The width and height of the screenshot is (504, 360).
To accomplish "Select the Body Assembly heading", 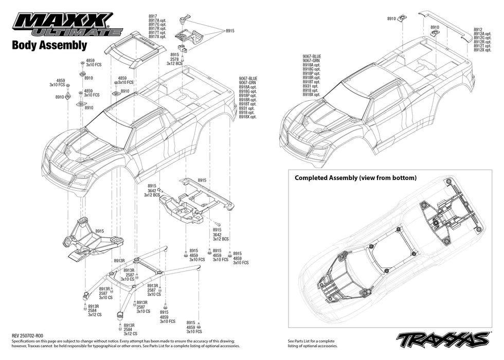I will point(49,45).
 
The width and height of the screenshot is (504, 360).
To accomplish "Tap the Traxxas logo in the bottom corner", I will point(442,339).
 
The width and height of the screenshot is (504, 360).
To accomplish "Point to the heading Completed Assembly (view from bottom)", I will point(355,178).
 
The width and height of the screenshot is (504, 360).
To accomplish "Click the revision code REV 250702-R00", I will point(31,335).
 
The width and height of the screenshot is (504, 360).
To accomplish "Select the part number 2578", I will point(174,59).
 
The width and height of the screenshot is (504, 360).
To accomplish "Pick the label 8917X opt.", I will point(157,37).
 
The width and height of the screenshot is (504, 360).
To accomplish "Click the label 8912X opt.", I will point(483,50).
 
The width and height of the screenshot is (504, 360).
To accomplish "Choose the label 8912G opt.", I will point(483,38).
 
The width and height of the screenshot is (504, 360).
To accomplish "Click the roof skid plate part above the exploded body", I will point(135,48).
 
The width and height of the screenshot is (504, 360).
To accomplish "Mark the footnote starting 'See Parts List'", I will point(311,343).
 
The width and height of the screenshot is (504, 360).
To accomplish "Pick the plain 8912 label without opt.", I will point(478,29).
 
